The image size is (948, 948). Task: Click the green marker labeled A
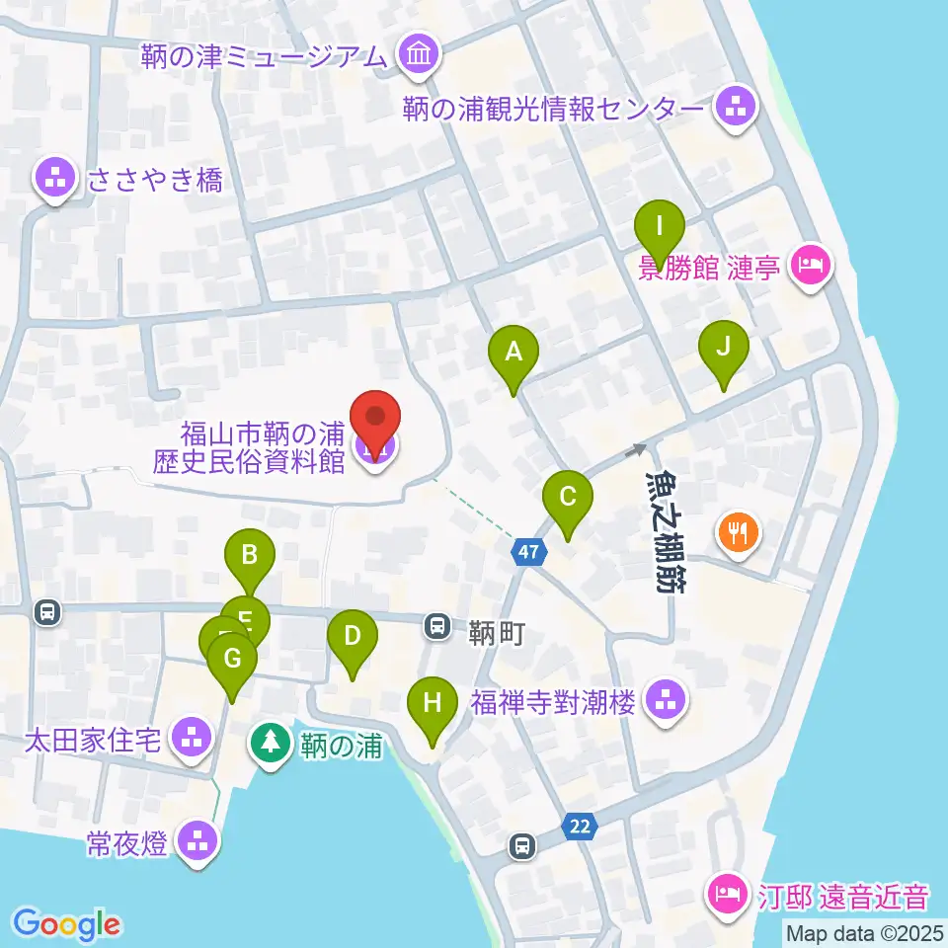click(513, 353)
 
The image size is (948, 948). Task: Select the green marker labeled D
click(353, 637)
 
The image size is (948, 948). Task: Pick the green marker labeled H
click(433, 703)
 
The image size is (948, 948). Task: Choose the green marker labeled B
click(251, 556)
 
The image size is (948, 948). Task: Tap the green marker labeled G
click(232, 659)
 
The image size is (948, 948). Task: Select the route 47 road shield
click(529, 552)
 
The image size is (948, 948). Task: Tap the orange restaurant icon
click(737, 533)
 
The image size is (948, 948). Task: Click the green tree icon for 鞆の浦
click(269, 742)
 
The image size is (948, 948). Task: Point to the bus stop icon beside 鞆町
click(435, 625)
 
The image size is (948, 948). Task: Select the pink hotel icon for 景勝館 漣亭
click(810, 265)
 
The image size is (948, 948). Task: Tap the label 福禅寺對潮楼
click(554, 702)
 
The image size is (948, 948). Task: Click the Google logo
click(66, 922)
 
